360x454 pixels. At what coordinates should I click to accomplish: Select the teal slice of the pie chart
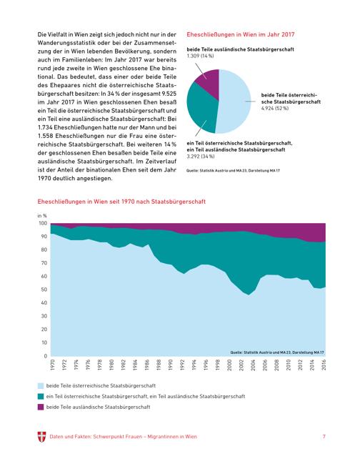pyautogui.click(x=201, y=109)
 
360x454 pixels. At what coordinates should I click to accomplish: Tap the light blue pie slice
pyautogui.click(x=234, y=102)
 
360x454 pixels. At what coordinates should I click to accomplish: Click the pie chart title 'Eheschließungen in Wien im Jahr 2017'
pyautogui.click(x=241, y=34)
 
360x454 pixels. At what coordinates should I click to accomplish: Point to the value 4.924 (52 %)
pyautogui.click(x=275, y=108)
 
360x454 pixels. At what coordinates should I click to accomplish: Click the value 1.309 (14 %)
pyautogui.click(x=200, y=56)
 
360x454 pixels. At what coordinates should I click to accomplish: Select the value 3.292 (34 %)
pyautogui.click(x=201, y=157)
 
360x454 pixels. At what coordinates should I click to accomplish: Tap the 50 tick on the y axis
pyautogui.click(x=44, y=290)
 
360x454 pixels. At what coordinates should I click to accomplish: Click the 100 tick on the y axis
pyautogui.click(x=43, y=223)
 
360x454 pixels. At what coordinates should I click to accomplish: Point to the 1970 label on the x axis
pyautogui.click(x=53, y=365)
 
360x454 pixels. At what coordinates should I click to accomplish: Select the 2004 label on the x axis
pyautogui.click(x=254, y=365)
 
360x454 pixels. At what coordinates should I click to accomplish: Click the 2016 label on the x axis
pyautogui.click(x=324, y=365)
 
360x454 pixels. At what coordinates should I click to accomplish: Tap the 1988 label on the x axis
pyautogui.click(x=159, y=365)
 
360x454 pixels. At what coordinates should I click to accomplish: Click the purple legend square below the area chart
pyautogui.click(x=41, y=407)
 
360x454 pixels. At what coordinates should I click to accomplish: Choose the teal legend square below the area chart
pyautogui.click(x=41, y=396)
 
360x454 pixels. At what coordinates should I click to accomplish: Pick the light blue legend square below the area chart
pyautogui.click(x=41, y=385)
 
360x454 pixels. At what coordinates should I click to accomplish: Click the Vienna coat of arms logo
pyautogui.click(x=41, y=437)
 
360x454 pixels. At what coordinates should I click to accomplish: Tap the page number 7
pyautogui.click(x=324, y=436)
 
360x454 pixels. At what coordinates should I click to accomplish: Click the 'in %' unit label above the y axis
pyautogui.click(x=42, y=216)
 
